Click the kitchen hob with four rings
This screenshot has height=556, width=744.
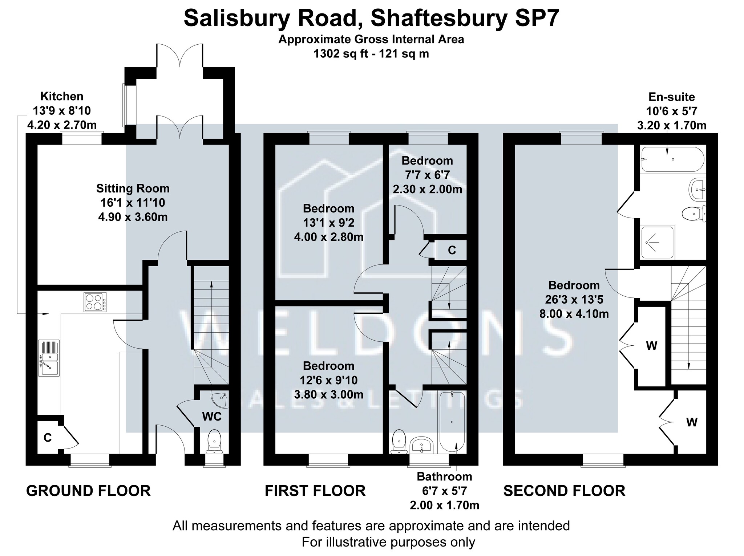click(x=95, y=302)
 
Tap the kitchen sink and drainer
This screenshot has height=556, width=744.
click(x=49, y=358)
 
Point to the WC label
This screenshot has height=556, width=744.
click(x=212, y=416)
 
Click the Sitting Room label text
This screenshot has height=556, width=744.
click(x=133, y=188)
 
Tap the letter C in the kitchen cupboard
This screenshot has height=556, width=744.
click(x=48, y=438)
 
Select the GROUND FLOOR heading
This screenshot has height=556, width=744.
click(x=88, y=491)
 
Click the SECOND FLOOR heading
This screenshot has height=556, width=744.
click(x=564, y=491)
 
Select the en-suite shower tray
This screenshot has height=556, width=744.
click(x=658, y=242)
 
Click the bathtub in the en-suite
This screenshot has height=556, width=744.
click(x=673, y=159)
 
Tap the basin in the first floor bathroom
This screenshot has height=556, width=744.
click(x=421, y=445)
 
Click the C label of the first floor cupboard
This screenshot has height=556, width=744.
click(x=452, y=250)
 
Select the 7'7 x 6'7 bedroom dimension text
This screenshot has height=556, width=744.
click(x=427, y=175)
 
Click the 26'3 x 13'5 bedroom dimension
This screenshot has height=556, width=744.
click(x=574, y=299)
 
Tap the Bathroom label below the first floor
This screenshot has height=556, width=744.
click(x=444, y=476)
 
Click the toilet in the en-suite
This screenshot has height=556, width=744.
click(x=694, y=214)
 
